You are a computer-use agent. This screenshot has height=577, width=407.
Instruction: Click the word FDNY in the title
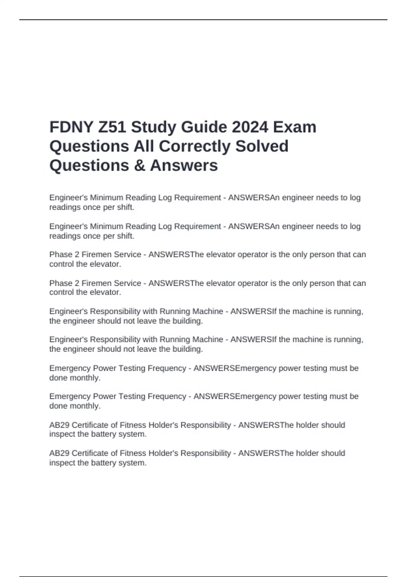pos(71,127)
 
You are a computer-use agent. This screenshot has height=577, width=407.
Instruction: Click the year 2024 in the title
pos(250,127)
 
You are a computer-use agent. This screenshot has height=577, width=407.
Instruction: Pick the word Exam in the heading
pos(295,127)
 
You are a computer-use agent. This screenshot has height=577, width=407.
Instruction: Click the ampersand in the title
pos(139,166)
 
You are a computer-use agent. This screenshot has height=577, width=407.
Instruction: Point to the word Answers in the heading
pos(184,166)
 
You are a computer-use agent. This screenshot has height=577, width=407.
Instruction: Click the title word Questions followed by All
pos(89,146)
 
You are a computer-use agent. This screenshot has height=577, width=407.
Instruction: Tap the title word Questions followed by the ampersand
pos(89,166)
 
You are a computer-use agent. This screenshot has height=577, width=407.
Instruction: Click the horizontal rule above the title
pos(203,20)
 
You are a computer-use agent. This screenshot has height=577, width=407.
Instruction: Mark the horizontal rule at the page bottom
pos(203,576)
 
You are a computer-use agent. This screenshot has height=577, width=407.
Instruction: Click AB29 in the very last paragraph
pos(59,453)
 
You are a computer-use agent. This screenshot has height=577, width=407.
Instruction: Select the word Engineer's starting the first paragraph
pos(68,198)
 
